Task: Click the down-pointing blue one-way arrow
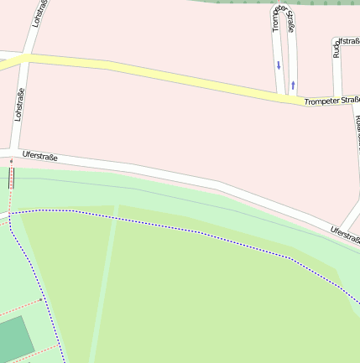tap(279, 65)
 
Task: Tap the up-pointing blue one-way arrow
tap(293, 84)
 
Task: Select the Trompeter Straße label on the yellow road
tap(331, 101)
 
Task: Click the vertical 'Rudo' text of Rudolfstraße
tap(337, 48)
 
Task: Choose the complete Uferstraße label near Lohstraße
tap(40, 155)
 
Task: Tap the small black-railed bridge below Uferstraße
tap(12, 177)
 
